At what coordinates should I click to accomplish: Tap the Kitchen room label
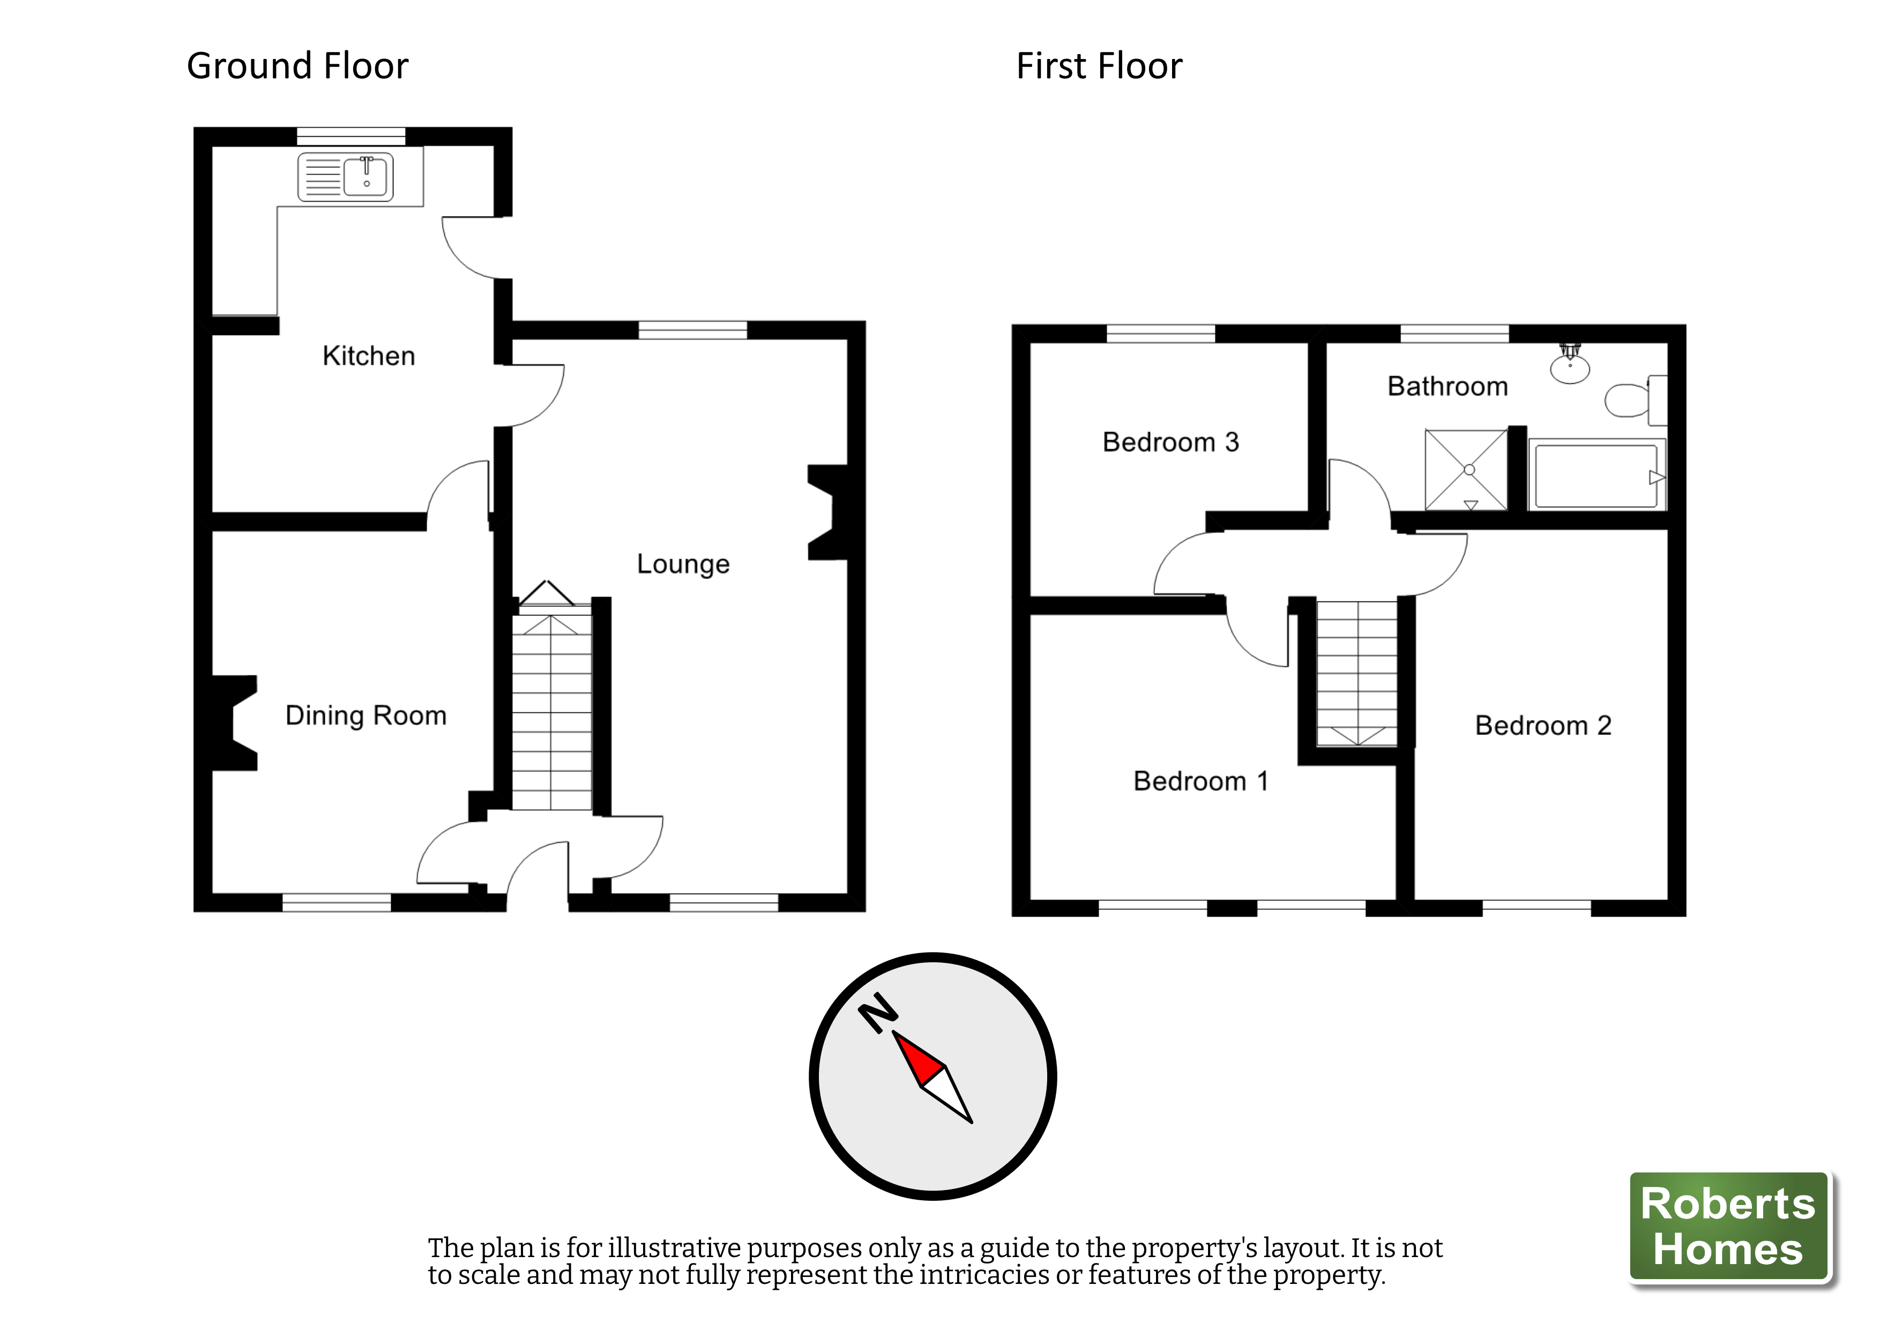click(369, 356)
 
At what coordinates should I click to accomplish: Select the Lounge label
click(683, 564)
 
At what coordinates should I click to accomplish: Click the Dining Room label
click(365, 716)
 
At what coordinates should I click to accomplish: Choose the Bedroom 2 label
click(1543, 726)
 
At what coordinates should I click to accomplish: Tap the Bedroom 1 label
click(1200, 781)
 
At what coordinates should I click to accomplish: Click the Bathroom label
click(1447, 387)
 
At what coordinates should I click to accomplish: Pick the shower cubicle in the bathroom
click(1466, 470)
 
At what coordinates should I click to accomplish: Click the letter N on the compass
click(877, 1014)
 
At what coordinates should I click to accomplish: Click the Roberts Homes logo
click(1728, 1226)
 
